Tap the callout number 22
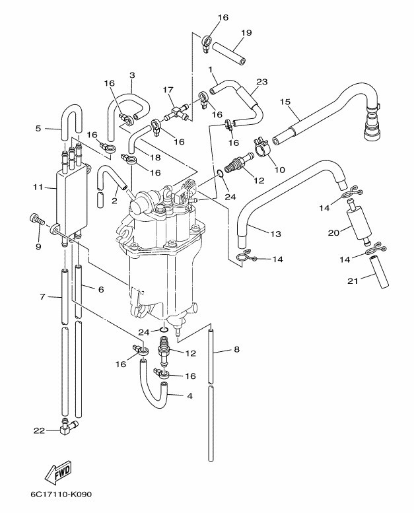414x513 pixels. tap(39, 430)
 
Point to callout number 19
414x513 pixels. tap(246, 33)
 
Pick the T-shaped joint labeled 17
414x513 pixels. tap(177, 111)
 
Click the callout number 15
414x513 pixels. tap(285, 102)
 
